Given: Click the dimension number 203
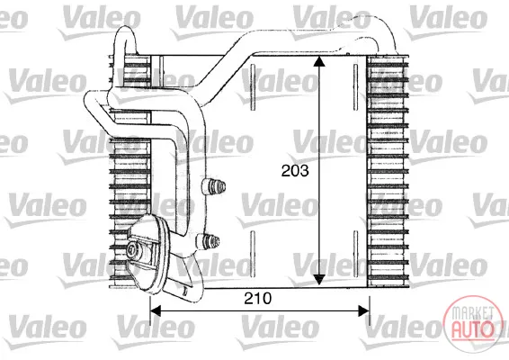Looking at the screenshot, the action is pos(295,171).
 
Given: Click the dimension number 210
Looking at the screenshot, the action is pos(258,298).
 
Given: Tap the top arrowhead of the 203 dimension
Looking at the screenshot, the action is pos(319,61).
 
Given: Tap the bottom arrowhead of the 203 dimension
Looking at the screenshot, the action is pos(319,279).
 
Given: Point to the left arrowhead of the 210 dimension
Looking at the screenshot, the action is pos(156,310).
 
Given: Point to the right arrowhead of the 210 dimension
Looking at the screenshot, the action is pos(363,310).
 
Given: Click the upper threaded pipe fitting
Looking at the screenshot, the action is pos(214,187).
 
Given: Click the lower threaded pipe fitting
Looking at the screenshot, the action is pos(208,242).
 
